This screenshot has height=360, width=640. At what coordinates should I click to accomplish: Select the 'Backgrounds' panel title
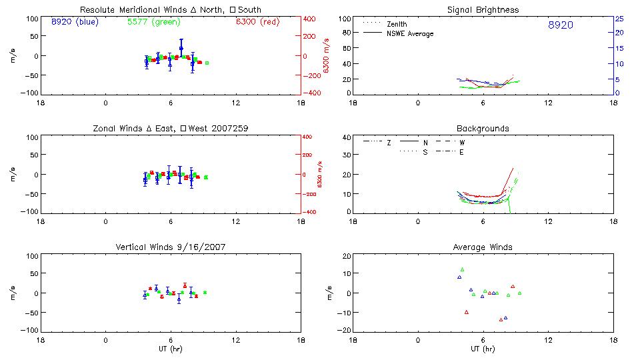click(483, 128)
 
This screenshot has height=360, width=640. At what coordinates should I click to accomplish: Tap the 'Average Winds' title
click(482, 247)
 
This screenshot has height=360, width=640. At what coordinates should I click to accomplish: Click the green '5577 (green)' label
click(153, 22)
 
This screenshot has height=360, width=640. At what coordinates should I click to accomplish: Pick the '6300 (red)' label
click(257, 22)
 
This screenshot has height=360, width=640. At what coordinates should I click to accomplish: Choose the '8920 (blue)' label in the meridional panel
click(74, 22)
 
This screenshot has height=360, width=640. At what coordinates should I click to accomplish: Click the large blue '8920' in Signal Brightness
click(560, 25)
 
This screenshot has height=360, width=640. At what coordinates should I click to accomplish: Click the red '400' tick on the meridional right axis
click(311, 19)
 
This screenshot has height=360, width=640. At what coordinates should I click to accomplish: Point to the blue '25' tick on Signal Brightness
click(619, 19)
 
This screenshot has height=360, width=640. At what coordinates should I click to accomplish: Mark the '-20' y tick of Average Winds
click(344, 330)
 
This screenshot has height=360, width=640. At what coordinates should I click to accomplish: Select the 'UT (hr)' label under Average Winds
click(482, 349)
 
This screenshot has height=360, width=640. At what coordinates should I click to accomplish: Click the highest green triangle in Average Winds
click(462, 269)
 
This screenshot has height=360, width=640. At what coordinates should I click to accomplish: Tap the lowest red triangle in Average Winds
click(501, 319)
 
